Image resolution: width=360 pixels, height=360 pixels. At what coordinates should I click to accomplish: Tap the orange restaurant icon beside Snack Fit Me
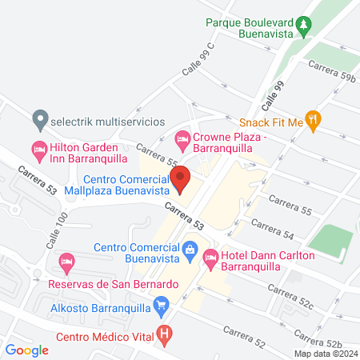click(x=314, y=122)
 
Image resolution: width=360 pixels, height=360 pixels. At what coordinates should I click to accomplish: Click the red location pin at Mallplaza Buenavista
click(x=181, y=180)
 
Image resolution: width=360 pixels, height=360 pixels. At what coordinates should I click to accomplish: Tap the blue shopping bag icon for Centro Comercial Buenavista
click(x=190, y=251)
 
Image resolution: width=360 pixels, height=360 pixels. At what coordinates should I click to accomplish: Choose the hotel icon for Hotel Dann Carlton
click(x=211, y=258)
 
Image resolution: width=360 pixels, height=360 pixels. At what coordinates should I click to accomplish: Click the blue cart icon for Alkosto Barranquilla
click(x=162, y=304)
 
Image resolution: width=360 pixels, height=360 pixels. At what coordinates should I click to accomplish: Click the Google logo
click(x=27, y=350)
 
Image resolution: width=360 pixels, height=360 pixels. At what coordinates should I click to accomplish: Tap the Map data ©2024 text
click(x=324, y=353)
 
